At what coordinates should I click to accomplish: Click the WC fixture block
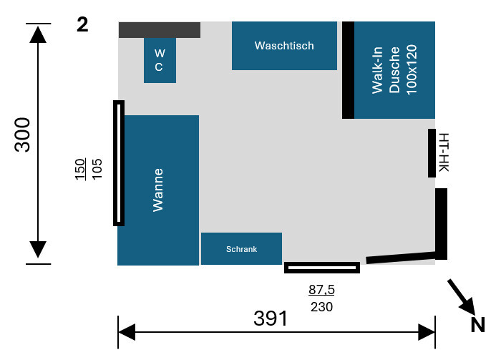(x=160, y=60)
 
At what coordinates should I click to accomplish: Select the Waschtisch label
(x=284, y=46)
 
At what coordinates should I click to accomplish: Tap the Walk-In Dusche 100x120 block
(x=394, y=69)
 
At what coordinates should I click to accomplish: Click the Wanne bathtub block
(x=158, y=190)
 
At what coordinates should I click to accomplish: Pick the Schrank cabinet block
(x=241, y=249)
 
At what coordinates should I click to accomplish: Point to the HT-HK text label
(x=444, y=153)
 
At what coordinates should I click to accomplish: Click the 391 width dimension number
(x=271, y=318)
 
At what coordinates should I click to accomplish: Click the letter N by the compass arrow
(x=477, y=326)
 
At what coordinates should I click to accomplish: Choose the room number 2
(x=82, y=25)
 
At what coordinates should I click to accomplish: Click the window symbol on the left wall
(x=119, y=163)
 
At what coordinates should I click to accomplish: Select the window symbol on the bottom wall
(x=321, y=268)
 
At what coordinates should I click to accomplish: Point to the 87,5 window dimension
(x=321, y=290)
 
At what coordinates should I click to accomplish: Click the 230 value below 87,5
(x=321, y=306)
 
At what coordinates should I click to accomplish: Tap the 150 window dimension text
(x=80, y=168)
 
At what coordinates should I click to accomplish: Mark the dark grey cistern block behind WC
(x=159, y=30)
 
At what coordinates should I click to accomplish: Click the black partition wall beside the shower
(x=348, y=69)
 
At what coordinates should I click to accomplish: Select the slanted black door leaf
(x=401, y=257)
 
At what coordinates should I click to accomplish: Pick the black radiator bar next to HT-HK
(x=432, y=153)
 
